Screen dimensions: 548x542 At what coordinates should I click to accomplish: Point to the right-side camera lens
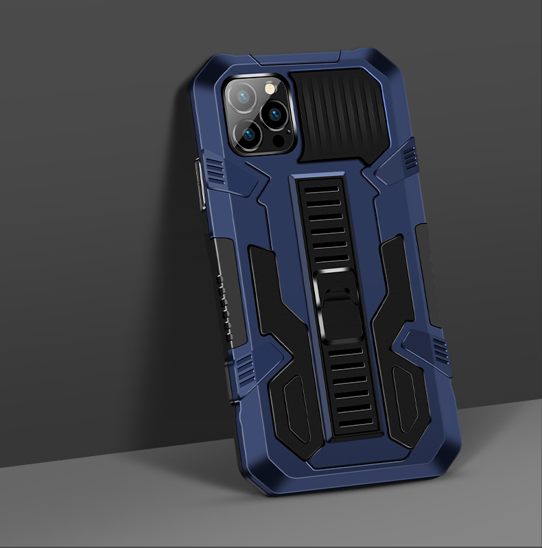(276, 114)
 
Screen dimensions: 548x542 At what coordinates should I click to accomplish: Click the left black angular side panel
(274, 322)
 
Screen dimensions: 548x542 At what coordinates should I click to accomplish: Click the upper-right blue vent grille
(410, 156)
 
